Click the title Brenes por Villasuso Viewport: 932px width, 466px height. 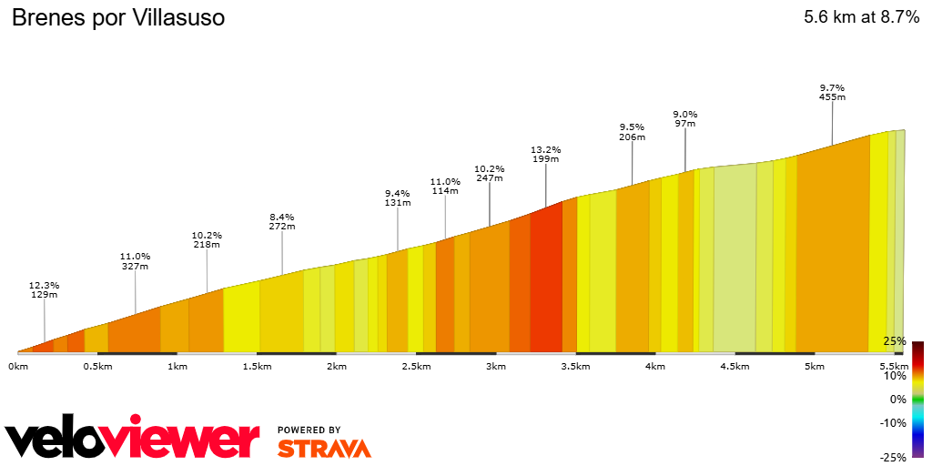coord(117,18)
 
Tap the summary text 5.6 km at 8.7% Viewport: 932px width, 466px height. coord(861,17)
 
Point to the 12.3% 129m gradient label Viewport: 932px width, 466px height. coord(45,290)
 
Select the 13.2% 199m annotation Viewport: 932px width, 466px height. coord(546,154)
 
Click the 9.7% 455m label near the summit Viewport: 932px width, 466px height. coord(832,91)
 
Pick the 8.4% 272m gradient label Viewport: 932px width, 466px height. coord(282,221)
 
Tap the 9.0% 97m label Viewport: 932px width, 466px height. coord(684,118)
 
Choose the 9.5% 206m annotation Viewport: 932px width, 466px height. coord(632,132)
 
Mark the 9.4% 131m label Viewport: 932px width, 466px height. coord(398,198)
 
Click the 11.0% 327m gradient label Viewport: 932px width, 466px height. coord(136,261)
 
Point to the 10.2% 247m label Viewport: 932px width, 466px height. coord(490,173)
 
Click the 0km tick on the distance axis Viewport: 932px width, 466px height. coord(18,367)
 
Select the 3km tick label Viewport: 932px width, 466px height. coord(496,367)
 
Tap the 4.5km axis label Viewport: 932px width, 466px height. coord(734,367)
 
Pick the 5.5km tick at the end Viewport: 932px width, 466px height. coord(894,367)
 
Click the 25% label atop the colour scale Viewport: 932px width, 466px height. coord(894,341)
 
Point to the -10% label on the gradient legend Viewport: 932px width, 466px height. coord(894,422)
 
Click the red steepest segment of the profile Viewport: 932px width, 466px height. coord(546,282)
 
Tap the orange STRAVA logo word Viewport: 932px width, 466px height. coord(324,449)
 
